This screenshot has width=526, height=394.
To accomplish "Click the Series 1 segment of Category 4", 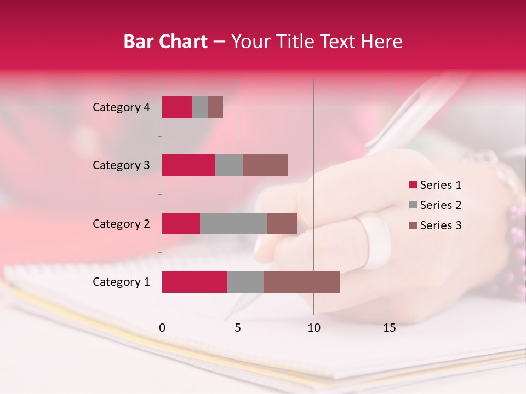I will (x=177, y=107).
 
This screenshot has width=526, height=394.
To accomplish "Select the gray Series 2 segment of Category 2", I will (x=233, y=224).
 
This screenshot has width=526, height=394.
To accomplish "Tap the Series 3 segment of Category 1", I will (x=301, y=282).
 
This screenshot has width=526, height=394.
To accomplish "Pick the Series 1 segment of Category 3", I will (x=188, y=165).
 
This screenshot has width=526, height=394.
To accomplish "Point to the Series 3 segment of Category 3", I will (x=265, y=165).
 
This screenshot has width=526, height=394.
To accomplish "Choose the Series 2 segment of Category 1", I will (x=245, y=282).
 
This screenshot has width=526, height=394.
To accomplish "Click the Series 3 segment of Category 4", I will (x=215, y=107).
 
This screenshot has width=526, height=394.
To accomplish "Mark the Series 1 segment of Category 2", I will (x=181, y=224).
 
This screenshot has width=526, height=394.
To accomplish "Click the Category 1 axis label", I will (x=121, y=282).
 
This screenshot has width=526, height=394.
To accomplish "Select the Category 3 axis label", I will (x=121, y=165).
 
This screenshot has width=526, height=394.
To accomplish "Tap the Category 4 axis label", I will (x=121, y=107).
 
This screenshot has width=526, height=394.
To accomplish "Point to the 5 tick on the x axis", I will (x=238, y=328).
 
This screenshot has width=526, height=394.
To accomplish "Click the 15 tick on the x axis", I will (x=389, y=328).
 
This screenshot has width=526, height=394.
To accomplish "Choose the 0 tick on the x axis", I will (x=162, y=328).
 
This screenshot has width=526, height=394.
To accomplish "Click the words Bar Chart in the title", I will (x=165, y=42).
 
